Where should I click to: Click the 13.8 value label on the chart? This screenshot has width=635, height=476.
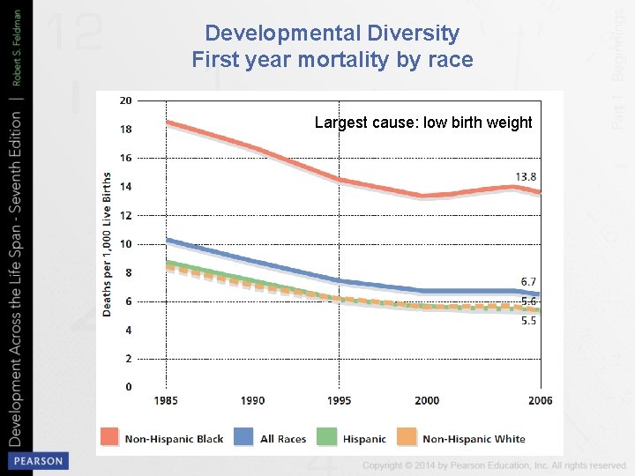coord(526,176)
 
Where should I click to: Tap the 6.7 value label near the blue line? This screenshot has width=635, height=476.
coord(528,281)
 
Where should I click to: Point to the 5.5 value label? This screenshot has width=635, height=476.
coord(528,322)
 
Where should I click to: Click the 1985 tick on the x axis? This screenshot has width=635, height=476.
coord(166,401)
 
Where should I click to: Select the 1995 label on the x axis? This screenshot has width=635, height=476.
coord(339,401)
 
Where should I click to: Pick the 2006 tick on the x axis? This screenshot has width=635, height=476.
coord(540,401)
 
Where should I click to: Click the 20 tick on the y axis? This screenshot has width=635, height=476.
coord(125,100)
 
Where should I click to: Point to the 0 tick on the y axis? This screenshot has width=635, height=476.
coord(128,387)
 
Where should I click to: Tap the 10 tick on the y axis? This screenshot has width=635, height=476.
coord(125,244)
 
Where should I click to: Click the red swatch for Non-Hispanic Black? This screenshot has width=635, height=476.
coord(109,437)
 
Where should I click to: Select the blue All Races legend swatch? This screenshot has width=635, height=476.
coord(244,437)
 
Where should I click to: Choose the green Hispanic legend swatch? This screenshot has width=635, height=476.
coord(326,437)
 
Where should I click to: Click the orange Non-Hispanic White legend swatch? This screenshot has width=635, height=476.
coord(406,437)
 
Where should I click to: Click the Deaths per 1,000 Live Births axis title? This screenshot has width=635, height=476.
coord(107,243)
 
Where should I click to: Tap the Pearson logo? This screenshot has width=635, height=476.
coord(37,460)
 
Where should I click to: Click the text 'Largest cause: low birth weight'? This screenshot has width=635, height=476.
coord(423,123)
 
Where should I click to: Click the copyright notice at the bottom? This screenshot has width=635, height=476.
coord(494,465)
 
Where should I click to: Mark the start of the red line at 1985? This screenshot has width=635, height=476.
coord(168,123)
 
